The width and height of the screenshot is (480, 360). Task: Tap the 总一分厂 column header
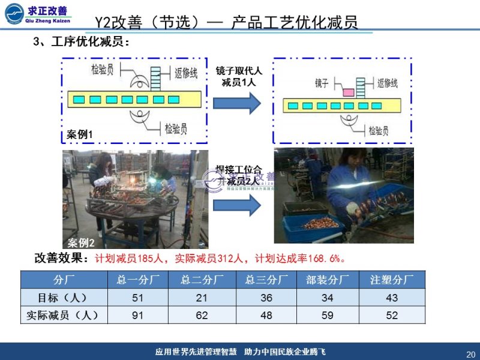click(137, 280)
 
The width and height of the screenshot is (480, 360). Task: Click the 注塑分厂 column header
click(392, 280)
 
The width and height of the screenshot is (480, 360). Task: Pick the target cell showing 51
click(137, 298)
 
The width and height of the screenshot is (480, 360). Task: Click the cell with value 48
click(266, 315)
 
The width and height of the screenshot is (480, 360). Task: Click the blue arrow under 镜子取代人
click(237, 103)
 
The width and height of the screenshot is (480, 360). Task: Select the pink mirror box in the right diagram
click(348, 92)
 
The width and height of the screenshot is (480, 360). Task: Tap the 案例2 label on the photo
click(81, 242)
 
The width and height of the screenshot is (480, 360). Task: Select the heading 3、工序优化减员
click(81, 42)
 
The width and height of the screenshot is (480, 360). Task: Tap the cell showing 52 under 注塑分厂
click(392, 315)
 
